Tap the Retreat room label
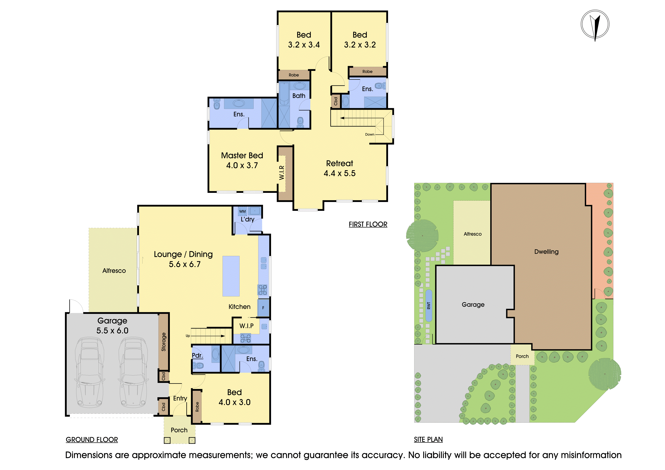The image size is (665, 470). [x=340, y=163]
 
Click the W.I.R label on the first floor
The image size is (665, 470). [x=282, y=173]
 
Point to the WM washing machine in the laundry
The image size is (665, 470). [x=242, y=211]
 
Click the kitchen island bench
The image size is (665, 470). [x=231, y=276]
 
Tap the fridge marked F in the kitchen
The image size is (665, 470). [x=263, y=308]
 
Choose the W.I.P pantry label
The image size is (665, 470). [x=246, y=326]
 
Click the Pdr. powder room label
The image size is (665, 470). [x=197, y=355]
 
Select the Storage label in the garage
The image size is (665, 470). [x=164, y=342]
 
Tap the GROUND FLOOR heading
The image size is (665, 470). [x=92, y=440]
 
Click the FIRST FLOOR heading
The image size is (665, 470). [x=368, y=224]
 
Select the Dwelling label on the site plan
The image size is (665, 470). [x=546, y=252]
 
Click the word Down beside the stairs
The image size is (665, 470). [x=370, y=134]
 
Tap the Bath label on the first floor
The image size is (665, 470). [x=299, y=96]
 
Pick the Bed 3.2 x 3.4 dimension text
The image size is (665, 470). [x=304, y=45]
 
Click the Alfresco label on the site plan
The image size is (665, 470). [x=472, y=234]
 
